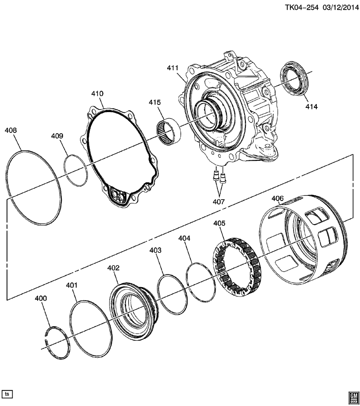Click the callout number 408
click(11, 131)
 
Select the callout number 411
click(173, 68)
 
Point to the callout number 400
click(41, 298)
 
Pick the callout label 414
click(311, 107)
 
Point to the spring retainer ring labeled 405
click(238, 268)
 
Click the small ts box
click(7, 394)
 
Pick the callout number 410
click(97, 93)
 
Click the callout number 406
click(278, 198)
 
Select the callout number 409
click(57, 136)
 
